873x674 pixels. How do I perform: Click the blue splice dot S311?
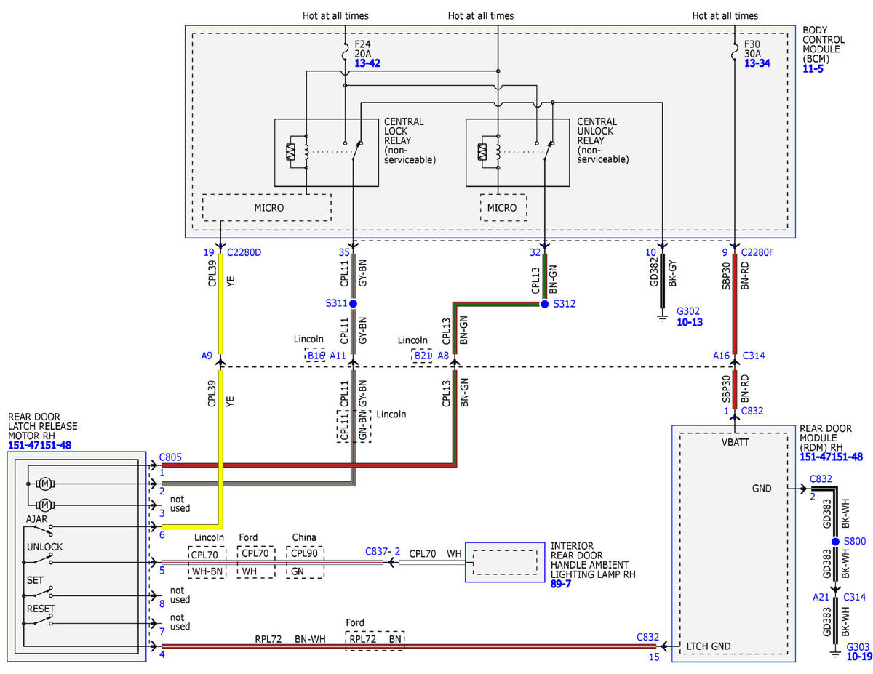(353, 303)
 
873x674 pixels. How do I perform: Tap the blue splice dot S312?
(544, 304)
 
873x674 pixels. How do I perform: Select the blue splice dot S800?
(835, 541)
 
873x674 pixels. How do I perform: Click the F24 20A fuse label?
(362, 49)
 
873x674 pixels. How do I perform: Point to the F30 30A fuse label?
(752, 49)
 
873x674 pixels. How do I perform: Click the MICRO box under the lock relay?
(267, 207)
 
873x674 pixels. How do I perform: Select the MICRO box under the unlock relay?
(503, 207)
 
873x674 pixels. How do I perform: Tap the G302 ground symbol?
(662, 317)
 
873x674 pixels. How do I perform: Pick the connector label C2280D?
(244, 252)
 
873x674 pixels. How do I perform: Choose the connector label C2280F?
(757, 252)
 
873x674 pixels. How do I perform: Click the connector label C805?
(170, 457)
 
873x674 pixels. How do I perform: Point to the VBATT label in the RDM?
(736, 442)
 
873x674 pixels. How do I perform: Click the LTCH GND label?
(708, 646)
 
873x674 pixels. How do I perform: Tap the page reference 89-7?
(560, 584)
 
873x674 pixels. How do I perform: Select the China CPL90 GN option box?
(305, 562)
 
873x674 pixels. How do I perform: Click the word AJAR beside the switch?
(36, 519)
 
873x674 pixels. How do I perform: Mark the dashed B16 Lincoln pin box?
(316, 356)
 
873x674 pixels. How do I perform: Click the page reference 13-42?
(367, 63)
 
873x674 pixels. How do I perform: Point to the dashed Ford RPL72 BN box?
(375, 641)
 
